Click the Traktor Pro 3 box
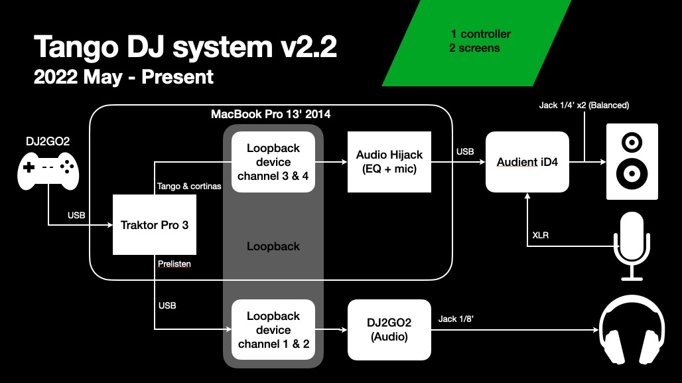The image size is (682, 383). coord(154,224)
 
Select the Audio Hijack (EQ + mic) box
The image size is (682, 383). coord(389,162)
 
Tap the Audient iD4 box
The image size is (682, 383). coord(527,162)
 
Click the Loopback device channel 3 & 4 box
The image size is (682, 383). coord(273,162)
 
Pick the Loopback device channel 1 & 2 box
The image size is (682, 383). coord(273,330)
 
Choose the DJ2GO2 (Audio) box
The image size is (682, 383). coord(389,330)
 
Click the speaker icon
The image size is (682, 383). coord(632,161)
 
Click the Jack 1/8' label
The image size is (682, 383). coord(456,319)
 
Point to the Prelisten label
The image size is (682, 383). coord(174,264)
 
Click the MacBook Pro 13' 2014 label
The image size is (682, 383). coord(271,114)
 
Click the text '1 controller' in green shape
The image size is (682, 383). coord(480,34)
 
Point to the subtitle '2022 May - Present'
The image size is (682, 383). coord(123,77)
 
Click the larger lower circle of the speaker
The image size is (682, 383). coord(632,175)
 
